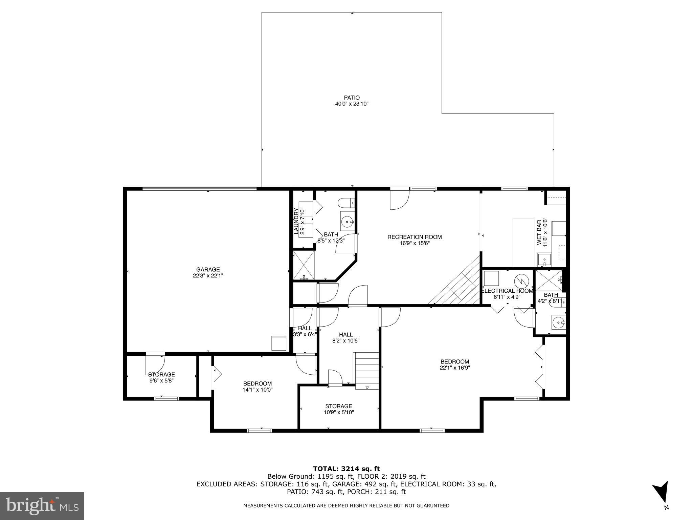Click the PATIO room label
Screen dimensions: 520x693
(352, 98)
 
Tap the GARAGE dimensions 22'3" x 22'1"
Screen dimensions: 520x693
(208, 276)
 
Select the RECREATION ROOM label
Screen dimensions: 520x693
(415, 237)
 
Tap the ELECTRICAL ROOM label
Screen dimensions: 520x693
(507, 291)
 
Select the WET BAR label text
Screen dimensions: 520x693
(539, 231)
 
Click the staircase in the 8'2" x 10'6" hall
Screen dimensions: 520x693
(366, 370)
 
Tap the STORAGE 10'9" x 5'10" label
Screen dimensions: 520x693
(339, 406)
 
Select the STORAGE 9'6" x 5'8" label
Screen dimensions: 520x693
(161, 374)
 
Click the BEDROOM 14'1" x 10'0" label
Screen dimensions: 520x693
(258, 383)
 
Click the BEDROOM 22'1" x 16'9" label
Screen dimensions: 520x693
(455, 361)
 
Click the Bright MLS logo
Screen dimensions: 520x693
(42, 506)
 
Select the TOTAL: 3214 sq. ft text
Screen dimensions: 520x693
(346, 469)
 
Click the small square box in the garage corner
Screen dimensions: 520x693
(279, 343)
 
